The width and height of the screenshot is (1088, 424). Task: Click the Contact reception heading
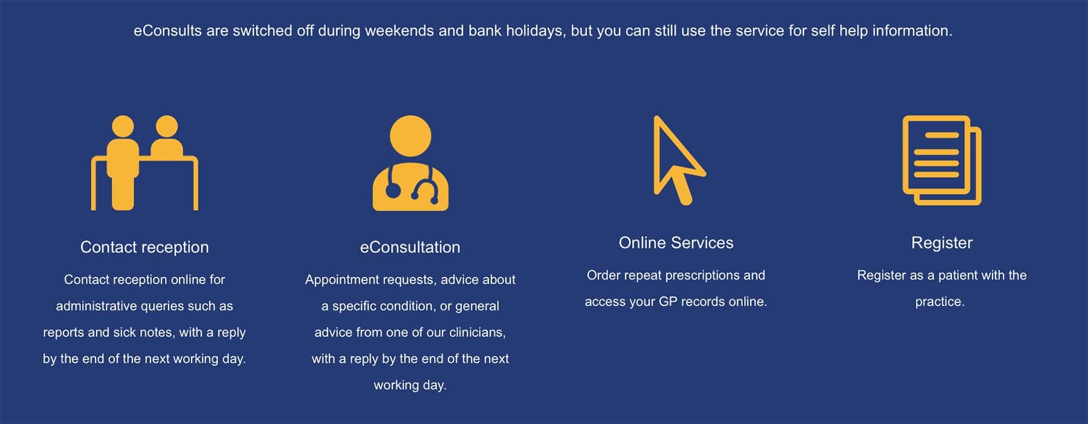tap(144, 247)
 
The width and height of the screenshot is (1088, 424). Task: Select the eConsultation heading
tap(410, 247)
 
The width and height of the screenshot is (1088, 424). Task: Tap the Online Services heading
tap(676, 243)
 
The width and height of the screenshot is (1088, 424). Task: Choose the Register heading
tap(942, 243)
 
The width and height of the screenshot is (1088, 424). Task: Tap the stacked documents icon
tap(942, 160)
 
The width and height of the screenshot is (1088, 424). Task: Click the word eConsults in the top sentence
tap(167, 31)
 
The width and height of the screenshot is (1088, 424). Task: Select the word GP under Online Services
tap(667, 302)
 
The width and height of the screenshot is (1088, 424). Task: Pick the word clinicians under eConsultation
tap(477, 333)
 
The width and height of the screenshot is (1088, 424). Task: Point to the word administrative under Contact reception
tap(96, 307)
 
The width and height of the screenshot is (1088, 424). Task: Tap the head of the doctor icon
tap(410, 136)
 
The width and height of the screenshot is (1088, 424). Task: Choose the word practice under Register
tap(939, 302)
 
